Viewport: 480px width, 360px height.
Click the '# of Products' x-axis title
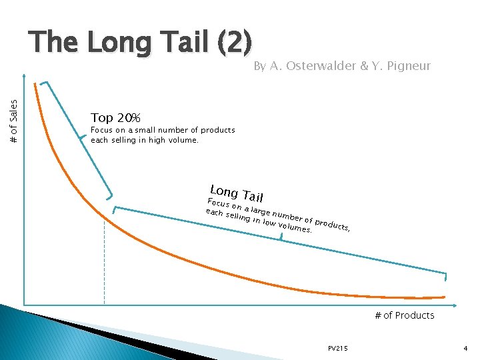pyautogui.click(x=404, y=315)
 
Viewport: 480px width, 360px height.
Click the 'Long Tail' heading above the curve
pyautogui.click(x=237, y=192)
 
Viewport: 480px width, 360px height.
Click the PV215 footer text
pyautogui.click(x=338, y=348)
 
